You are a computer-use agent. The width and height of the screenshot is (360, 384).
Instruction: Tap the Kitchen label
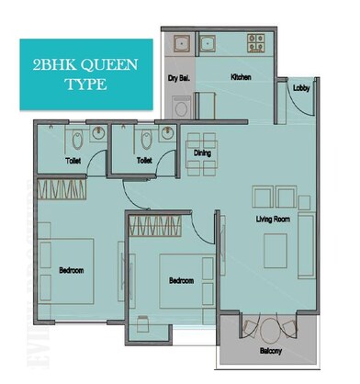click(x=241, y=78)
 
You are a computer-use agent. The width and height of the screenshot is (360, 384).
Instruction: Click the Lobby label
click(x=300, y=89)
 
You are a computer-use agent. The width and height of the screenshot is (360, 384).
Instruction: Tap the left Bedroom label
click(x=72, y=271)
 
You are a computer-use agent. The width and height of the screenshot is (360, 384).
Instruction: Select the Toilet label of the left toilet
click(x=73, y=160)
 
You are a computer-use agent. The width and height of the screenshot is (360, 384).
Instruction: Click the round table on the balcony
click(x=269, y=329)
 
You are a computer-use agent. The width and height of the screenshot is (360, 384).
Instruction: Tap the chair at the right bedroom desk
click(x=141, y=323)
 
